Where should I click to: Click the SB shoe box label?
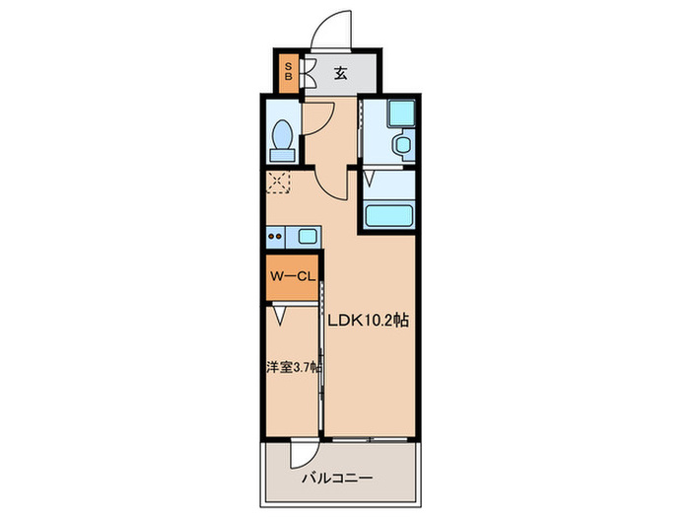point(288,72)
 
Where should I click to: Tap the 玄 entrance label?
point(339,72)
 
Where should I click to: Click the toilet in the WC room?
point(282,139)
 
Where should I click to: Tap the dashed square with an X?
point(278,183)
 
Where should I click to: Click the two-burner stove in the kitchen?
point(275,236)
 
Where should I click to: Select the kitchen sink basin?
point(307,236)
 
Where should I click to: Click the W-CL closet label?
point(291,278)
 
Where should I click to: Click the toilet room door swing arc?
point(317,113)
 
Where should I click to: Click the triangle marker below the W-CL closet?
point(280,316)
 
